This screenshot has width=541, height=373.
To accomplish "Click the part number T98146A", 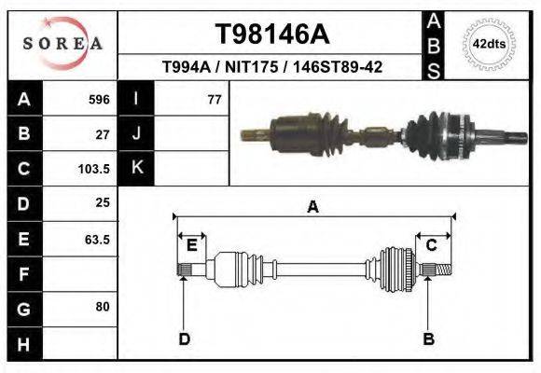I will pos(271,35).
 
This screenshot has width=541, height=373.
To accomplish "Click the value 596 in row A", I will pos(99,99).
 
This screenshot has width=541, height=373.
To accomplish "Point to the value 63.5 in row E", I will pos(97,240).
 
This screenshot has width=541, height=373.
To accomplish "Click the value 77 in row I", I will pos(214,99).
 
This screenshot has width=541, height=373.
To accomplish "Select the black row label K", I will pos(137,169).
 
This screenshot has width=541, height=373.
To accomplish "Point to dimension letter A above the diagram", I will pos(312,207).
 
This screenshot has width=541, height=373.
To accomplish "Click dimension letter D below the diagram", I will pos(185,338).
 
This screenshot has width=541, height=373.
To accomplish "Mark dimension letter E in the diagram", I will pos(192,245).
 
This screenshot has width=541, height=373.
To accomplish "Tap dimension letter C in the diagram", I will pos(432,245).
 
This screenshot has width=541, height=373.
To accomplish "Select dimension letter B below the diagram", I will pos(429,338).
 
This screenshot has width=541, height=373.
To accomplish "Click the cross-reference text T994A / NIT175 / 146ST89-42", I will pos(271,68).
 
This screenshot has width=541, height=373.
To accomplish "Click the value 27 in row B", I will pos(103,134).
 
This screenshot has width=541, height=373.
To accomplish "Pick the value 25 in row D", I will pos(103,203).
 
